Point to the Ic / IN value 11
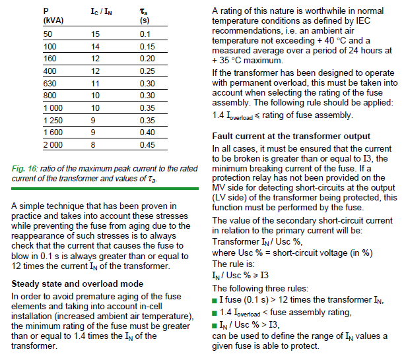click(95, 84)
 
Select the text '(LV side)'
click(232, 196)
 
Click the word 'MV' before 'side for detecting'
click(220, 187)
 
